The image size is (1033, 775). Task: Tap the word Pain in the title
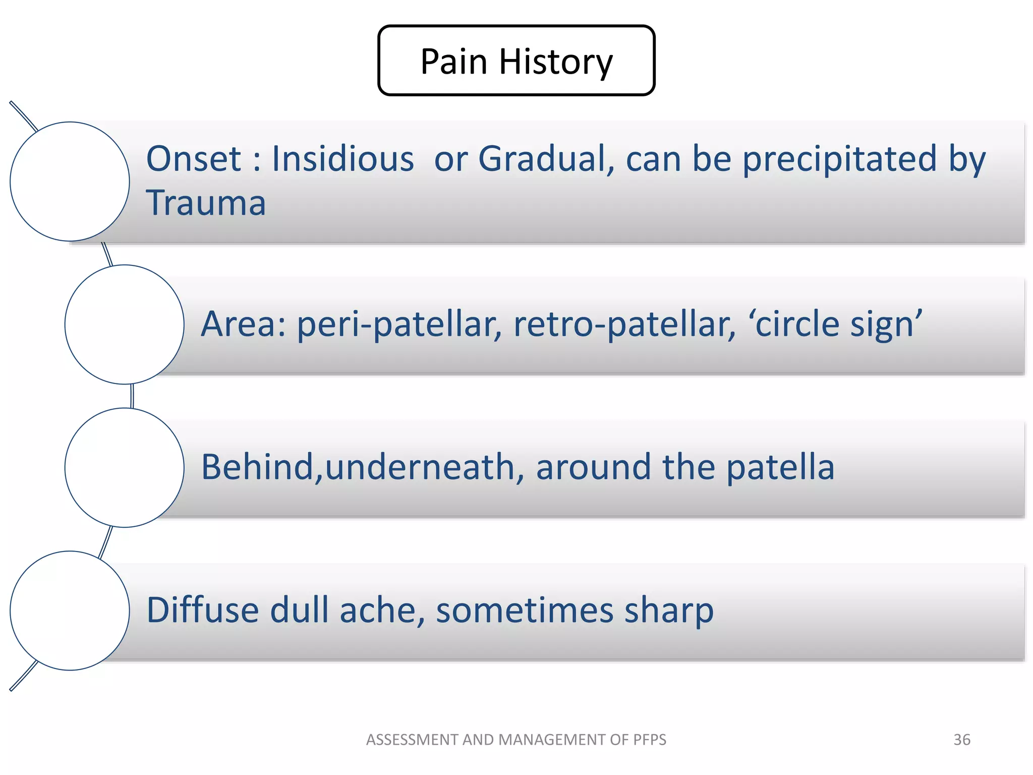pos(453,62)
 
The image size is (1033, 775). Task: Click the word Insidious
pos(342,159)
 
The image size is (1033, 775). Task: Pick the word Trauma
pos(206,203)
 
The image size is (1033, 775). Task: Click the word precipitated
pos(839,159)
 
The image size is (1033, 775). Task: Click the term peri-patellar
pos(399,324)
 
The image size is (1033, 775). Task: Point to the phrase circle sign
pos(835,324)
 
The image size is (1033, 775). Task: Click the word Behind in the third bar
pos(257,467)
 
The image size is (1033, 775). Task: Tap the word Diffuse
pos(202,611)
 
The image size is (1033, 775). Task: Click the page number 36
pos(961,740)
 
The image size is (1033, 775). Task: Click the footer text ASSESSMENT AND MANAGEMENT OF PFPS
pos(516,740)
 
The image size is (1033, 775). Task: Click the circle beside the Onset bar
pos(70,182)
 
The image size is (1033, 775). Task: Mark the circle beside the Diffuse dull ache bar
pos(70,611)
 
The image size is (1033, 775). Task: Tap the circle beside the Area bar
pos(124,324)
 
